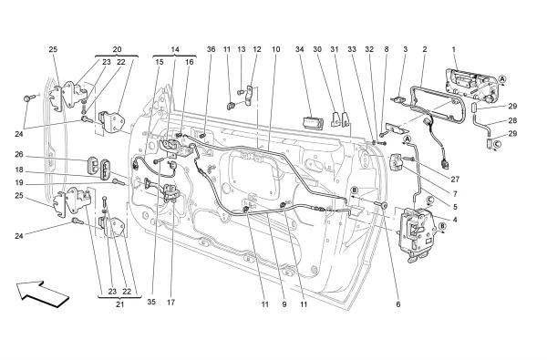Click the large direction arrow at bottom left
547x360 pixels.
[43, 294]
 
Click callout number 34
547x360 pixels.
[300, 49]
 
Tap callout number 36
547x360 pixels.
[212, 49]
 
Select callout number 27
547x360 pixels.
[455, 180]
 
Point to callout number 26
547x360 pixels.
[19, 154]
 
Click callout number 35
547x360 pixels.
[151, 302]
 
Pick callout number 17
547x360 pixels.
[170, 302]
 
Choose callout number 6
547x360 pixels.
[398, 304]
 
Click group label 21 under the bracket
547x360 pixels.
[119, 304]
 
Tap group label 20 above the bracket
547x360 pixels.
[117, 49]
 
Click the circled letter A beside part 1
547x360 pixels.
[502, 79]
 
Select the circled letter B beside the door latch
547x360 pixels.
[442, 226]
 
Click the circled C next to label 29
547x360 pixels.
[497, 144]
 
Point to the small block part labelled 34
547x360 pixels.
[313, 122]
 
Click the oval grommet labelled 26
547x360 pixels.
[92, 164]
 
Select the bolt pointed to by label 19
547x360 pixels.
[118, 181]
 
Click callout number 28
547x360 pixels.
[512, 120]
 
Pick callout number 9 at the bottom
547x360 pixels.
[284, 304]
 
